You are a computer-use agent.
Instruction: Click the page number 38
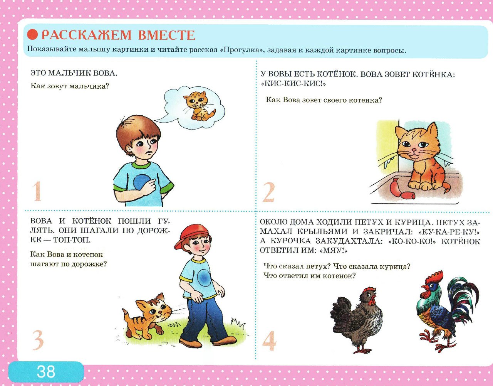click(x=46, y=371)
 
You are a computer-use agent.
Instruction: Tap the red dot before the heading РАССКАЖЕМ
click(x=33, y=35)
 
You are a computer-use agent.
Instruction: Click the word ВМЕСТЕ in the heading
click(x=166, y=35)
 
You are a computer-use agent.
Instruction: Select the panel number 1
click(x=37, y=192)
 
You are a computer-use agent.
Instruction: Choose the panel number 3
click(x=37, y=340)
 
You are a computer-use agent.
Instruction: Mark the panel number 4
click(x=269, y=341)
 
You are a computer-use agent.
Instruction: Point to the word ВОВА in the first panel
click(x=105, y=73)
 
